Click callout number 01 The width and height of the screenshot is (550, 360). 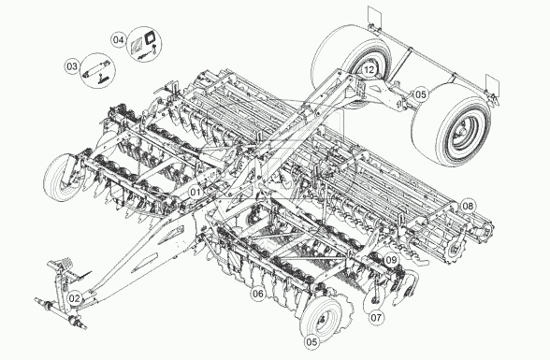tap(195, 192)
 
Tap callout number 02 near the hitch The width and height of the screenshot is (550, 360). tap(75, 298)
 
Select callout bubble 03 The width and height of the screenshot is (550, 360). tap(71, 66)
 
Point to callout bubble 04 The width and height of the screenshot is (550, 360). tap(119, 39)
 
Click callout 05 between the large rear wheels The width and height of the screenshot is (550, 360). tap(421, 94)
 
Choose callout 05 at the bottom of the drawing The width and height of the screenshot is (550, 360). tap(311, 342)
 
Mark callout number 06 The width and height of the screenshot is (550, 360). tap(258, 294)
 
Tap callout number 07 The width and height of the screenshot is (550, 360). tap(376, 318)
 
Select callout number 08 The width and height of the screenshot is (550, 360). tap(468, 206)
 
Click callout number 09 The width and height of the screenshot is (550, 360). tap(391, 260)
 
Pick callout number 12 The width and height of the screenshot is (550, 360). tap(369, 69)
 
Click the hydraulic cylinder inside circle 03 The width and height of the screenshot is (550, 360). tap(96, 69)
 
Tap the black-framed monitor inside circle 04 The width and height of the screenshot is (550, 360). tap(151, 37)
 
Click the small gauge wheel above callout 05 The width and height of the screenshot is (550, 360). tap(321, 318)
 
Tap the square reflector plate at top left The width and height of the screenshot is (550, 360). tap(375, 15)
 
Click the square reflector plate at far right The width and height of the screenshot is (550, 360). tap(492, 85)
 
